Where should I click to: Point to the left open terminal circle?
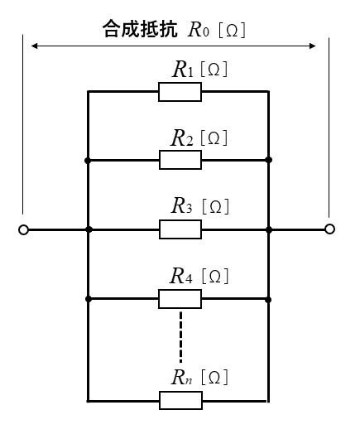[x=23, y=229]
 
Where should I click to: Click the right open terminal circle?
[x=329, y=229]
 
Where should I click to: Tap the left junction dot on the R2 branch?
[x=88, y=160]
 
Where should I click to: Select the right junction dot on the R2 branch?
[x=268, y=160]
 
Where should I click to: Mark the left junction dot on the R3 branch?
[x=89, y=229]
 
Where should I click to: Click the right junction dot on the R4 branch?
[x=268, y=300]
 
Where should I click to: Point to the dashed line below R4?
[x=181, y=337]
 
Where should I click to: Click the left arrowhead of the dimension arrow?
[x=34, y=46]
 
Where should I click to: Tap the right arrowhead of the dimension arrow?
[x=312, y=46]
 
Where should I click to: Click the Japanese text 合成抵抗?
[x=140, y=28]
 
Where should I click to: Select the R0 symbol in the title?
[x=199, y=29]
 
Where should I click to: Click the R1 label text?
[x=183, y=70]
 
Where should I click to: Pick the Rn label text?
[x=181, y=377]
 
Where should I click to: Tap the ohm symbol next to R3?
[x=216, y=206]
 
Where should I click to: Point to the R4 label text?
[x=181, y=276]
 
